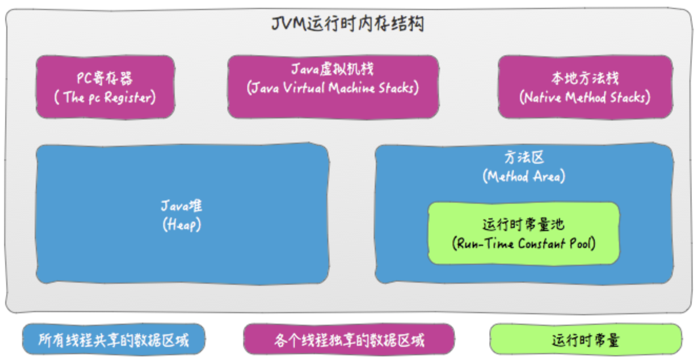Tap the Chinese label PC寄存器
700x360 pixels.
pyautogui.click(x=105, y=79)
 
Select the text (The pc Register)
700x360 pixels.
pyautogui.click(x=105, y=97)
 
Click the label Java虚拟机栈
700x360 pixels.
pyautogui.click(x=333, y=69)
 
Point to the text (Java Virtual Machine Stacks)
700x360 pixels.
pyautogui.click(x=333, y=87)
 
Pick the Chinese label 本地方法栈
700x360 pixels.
pyautogui.click(x=585, y=79)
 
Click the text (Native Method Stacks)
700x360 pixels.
pyautogui.click(x=585, y=97)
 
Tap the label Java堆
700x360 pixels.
pyautogui.click(x=182, y=206)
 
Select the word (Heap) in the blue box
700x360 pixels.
pyautogui.click(x=182, y=225)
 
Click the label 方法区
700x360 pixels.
pyautogui.click(x=524, y=157)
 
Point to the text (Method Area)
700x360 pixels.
pyautogui.click(x=524, y=176)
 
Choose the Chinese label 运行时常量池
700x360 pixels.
pyautogui.click(x=524, y=225)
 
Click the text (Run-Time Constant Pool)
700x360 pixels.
pyautogui.click(x=524, y=244)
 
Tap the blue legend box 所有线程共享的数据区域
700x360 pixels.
pyautogui.click(x=113, y=340)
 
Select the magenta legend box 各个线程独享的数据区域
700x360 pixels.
pyautogui.click(x=348, y=340)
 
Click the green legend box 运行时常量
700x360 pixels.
pyautogui.click(x=585, y=340)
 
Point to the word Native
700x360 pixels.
pyautogui.click(x=542, y=97)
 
